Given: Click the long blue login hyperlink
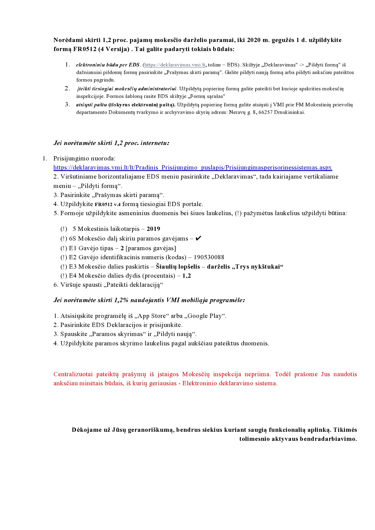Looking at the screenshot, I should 193,167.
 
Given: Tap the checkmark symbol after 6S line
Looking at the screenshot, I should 198,238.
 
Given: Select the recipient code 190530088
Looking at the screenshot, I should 209,257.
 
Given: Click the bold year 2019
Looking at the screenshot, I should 153,229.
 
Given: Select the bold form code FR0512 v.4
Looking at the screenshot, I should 108,204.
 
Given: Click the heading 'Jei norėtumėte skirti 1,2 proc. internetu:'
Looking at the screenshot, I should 111,143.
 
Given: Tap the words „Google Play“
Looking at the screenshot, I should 207,316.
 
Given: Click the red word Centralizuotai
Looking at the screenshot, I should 73,374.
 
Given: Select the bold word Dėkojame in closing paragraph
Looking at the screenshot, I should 86,430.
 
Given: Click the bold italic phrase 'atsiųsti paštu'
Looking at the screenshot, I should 91,105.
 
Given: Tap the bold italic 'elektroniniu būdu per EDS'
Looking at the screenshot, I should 108,65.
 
